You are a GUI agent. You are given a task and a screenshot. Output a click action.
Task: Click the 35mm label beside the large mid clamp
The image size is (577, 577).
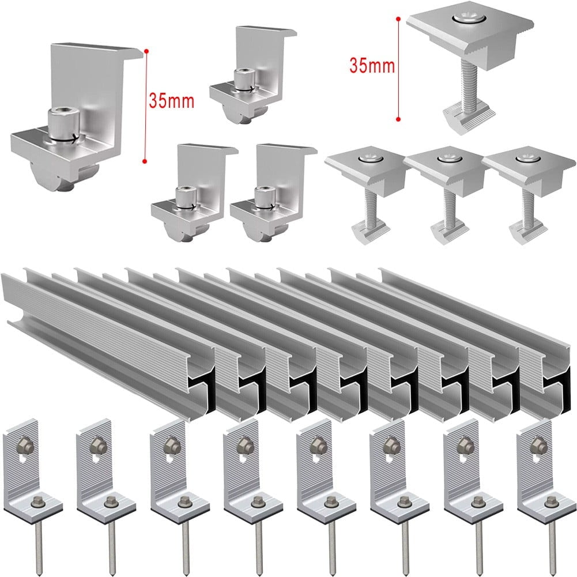[x=372, y=66]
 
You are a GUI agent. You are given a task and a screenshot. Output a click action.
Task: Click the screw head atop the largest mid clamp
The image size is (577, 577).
[x=466, y=21]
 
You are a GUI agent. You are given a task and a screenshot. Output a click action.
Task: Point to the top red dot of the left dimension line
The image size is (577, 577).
[x=146, y=52]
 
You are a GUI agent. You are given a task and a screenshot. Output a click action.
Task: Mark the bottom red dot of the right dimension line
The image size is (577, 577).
[x=398, y=119]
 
